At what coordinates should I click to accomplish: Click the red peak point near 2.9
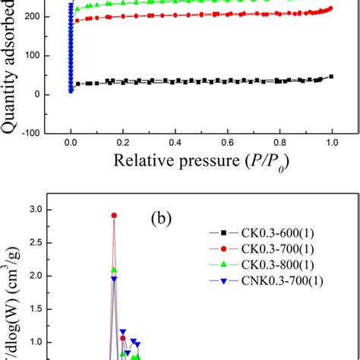coord(114,216)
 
